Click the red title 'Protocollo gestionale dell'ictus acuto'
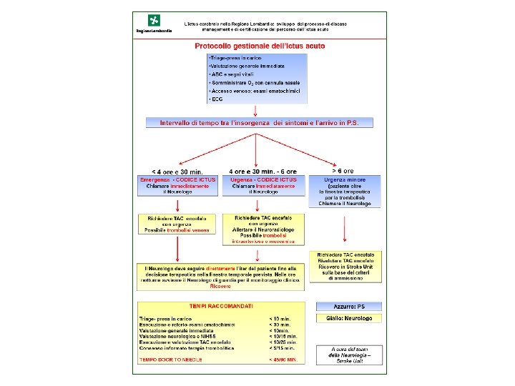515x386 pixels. [260, 46]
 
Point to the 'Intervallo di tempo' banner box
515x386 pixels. [260, 123]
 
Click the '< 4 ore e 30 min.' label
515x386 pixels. [172, 172]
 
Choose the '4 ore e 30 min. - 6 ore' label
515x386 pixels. [263, 172]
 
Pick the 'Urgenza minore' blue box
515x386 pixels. [345, 192]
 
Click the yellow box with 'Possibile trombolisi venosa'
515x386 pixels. [177, 224]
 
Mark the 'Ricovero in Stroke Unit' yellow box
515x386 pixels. [346, 266]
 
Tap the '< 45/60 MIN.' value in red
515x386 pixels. [282, 359]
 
